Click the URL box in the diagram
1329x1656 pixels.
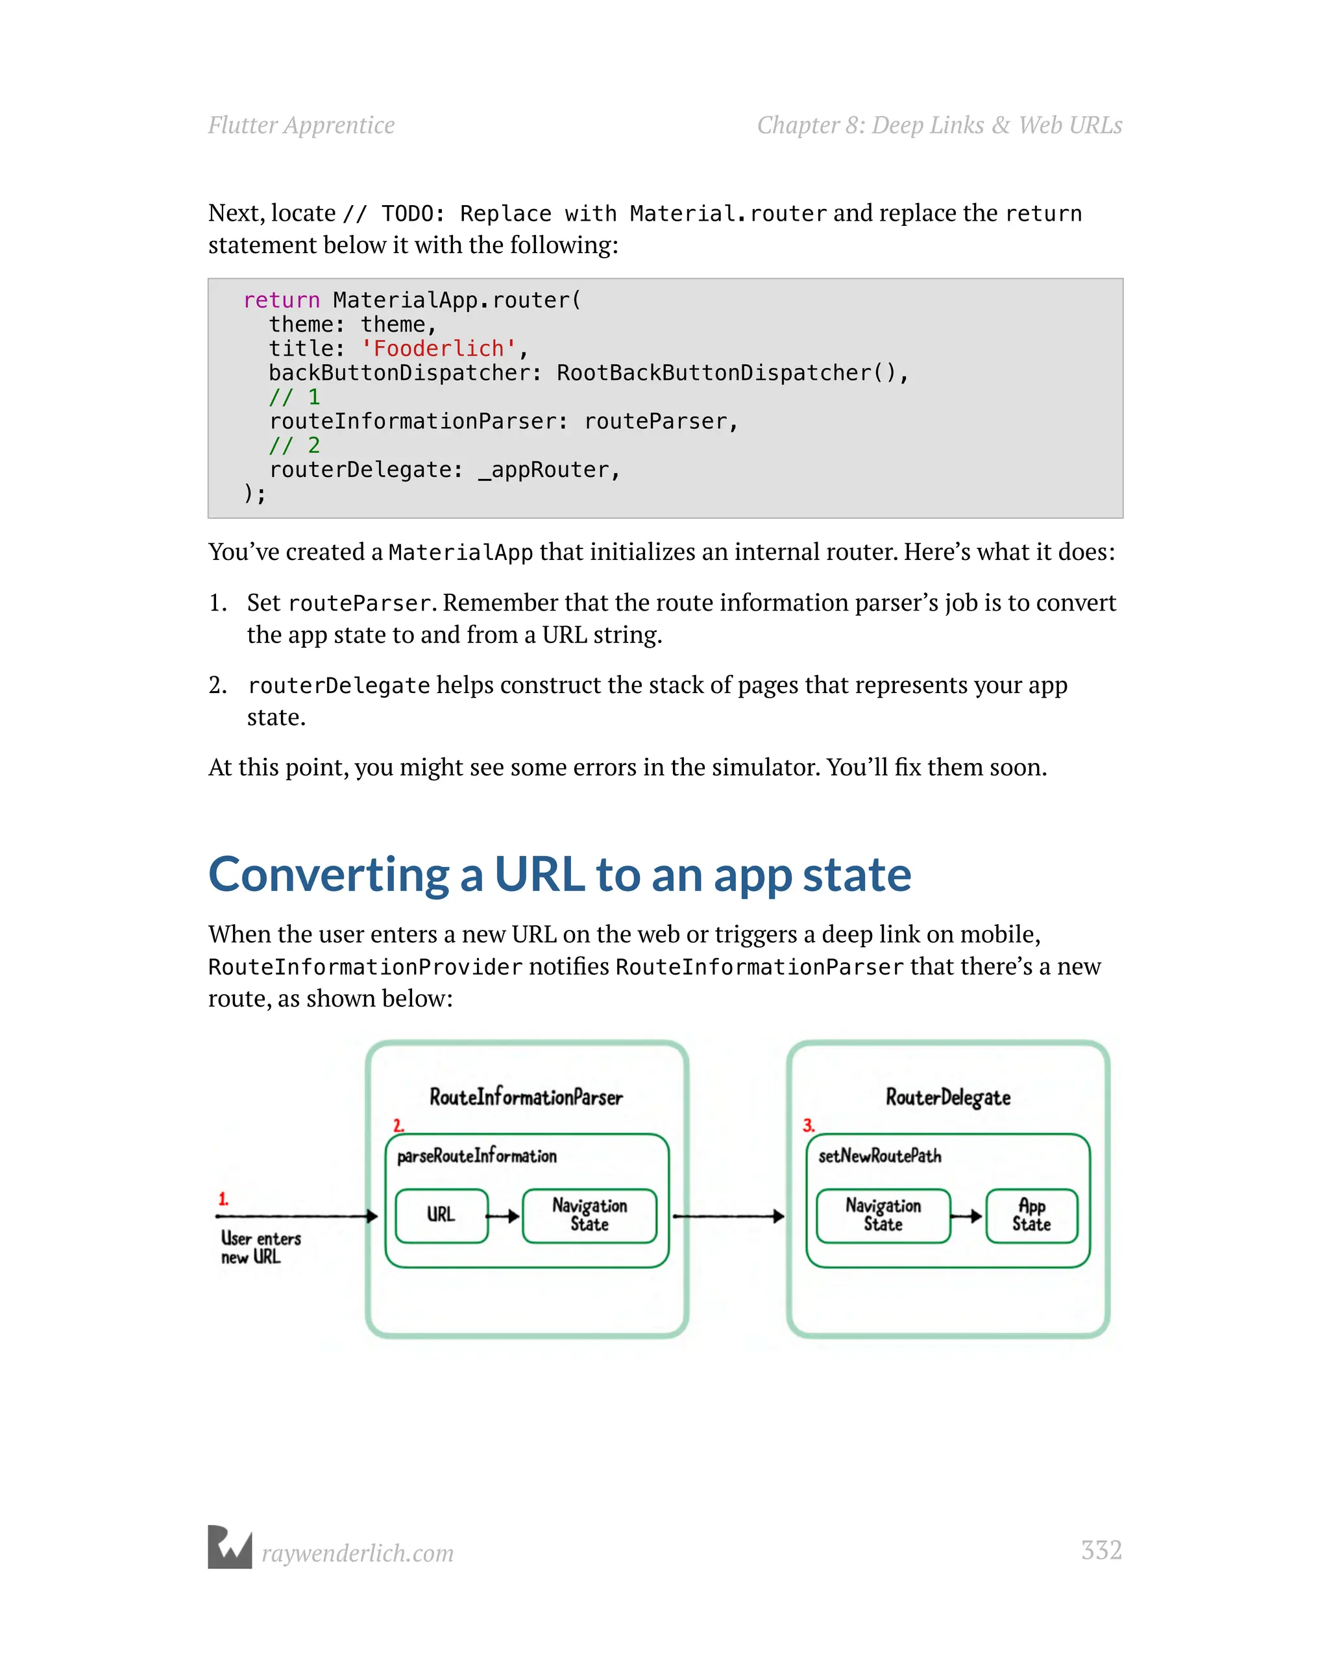[x=441, y=1215]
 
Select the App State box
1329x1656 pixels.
[x=1031, y=1215]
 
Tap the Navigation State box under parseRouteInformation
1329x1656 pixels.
[x=589, y=1215]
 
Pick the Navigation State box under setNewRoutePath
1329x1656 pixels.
[x=883, y=1215]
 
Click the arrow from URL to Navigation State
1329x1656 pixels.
[x=504, y=1216]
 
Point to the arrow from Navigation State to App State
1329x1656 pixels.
[x=967, y=1216]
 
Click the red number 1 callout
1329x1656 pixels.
[x=223, y=1199]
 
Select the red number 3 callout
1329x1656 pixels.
[x=808, y=1125]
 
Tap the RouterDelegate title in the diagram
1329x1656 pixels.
[x=948, y=1097]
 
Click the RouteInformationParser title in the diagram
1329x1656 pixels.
[x=526, y=1097]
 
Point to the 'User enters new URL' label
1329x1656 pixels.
[x=260, y=1247]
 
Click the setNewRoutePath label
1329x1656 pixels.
[x=879, y=1156]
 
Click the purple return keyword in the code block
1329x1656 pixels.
[x=281, y=300]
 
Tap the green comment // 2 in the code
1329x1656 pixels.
[x=294, y=446]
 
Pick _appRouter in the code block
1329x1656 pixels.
[x=548, y=469]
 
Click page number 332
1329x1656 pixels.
[x=1101, y=1550]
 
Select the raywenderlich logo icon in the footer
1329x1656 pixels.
[x=230, y=1547]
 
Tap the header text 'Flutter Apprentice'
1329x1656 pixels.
[x=301, y=125]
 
